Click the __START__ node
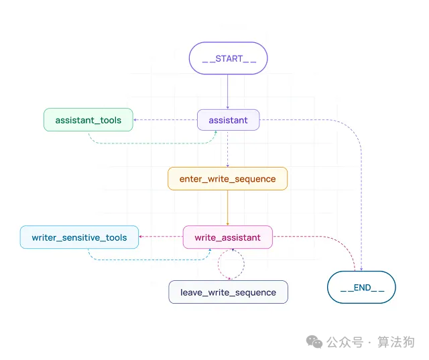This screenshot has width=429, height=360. (x=228, y=58)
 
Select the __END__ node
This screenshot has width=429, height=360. (x=361, y=288)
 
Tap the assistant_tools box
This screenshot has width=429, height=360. (x=88, y=120)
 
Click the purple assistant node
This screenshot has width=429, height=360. (x=228, y=120)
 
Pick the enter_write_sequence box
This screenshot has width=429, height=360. (x=227, y=179)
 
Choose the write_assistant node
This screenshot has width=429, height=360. (x=227, y=237)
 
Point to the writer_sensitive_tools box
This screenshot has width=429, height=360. (x=79, y=237)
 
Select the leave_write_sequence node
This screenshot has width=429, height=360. (x=228, y=292)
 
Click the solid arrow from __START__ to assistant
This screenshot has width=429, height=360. (x=228, y=91)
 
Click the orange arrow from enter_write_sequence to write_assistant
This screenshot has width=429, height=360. (x=228, y=208)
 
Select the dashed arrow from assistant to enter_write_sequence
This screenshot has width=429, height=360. (x=228, y=149)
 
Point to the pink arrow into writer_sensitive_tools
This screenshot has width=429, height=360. (x=161, y=237)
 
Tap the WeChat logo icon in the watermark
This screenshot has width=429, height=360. (x=314, y=341)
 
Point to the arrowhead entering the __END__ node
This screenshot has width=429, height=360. (x=361, y=268)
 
